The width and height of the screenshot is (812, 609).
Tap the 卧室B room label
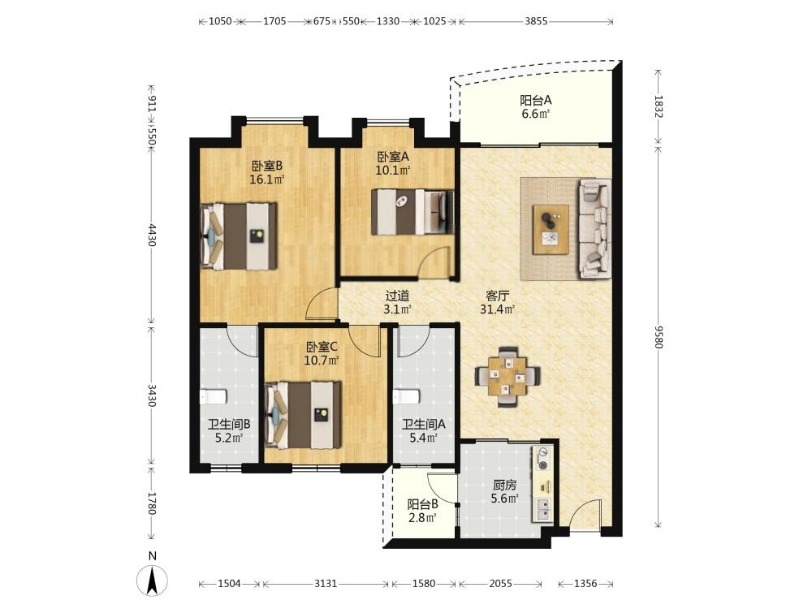(266, 166)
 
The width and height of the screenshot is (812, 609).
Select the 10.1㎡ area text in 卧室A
(392, 170)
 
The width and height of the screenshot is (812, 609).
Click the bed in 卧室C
(303, 415)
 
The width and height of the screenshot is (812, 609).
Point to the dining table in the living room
(508, 377)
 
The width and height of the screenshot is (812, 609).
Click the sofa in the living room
(595, 228)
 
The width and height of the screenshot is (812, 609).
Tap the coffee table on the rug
(551, 230)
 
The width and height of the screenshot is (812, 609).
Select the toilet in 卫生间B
(214, 397)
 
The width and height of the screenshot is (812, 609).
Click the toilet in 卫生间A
(407, 397)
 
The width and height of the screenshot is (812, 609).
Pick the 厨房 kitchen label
(504, 486)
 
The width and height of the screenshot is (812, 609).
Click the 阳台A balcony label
(535, 100)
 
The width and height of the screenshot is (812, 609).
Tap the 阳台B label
(422, 504)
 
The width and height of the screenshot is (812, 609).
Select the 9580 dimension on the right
(659, 337)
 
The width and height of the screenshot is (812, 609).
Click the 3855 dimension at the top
(536, 21)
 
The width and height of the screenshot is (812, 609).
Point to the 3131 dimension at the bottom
(326, 584)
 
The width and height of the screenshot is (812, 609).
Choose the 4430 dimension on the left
(151, 235)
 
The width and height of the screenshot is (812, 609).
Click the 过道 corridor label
(397, 296)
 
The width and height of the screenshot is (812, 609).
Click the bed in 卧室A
(412, 212)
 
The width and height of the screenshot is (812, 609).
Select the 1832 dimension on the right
(659, 106)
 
